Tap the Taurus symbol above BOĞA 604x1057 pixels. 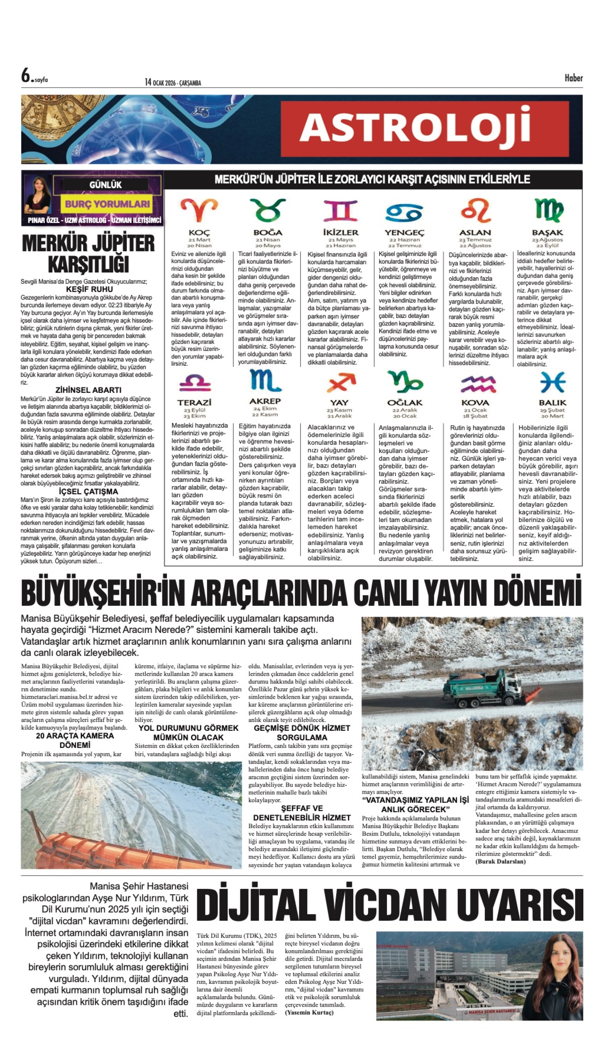pyautogui.click(x=268, y=210)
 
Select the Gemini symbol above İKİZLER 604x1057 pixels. pyautogui.click(x=340, y=210)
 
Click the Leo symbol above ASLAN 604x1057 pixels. pyautogui.click(x=475, y=210)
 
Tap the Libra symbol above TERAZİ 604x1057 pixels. pyautogui.click(x=195, y=383)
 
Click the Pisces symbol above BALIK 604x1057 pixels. pyautogui.click(x=552, y=382)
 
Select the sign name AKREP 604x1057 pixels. pyautogui.click(x=265, y=401)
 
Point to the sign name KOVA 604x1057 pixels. pyautogui.click(x=475, y=402)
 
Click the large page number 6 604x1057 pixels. pyautogui.click(x=26, y=76)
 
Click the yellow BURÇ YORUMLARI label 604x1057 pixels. pyautogui.click(x=107, y=204)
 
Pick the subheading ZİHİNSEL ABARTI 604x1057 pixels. pyautogui.click(x=88, y=390)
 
